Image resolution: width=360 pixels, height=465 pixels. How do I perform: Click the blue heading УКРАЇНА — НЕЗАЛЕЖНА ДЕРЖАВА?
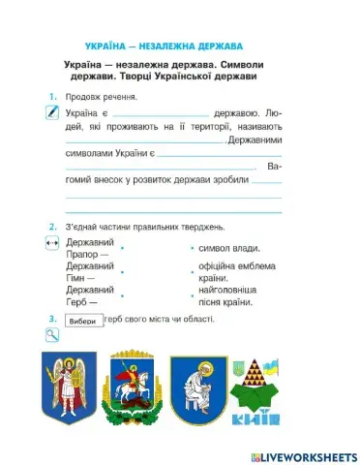164,46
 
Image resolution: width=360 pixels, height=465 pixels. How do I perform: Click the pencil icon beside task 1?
52,113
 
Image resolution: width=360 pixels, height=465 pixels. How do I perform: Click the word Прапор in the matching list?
82,255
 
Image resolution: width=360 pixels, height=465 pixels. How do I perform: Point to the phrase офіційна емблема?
236,266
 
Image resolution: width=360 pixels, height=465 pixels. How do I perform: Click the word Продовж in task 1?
83,98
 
